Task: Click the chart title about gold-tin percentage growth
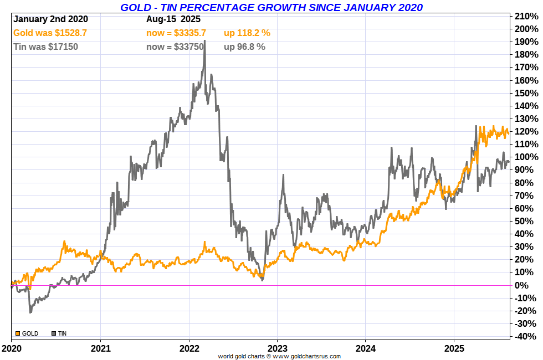271,7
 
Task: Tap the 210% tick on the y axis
526,16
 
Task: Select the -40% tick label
526,336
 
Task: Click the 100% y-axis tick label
526,157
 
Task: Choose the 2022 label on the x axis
189,349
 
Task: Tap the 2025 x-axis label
454,349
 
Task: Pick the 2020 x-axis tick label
12,349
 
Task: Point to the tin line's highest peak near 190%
205,42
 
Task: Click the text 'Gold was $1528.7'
50,33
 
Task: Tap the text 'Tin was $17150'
45,47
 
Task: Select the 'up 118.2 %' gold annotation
247,33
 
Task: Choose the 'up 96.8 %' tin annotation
244,47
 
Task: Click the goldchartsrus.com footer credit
279,356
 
